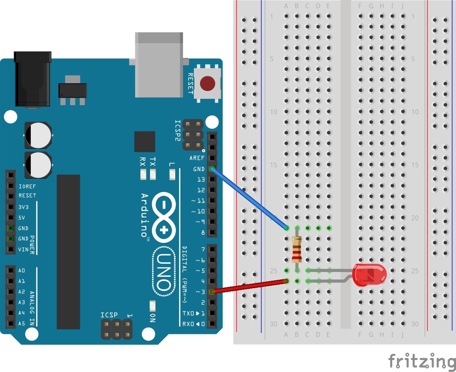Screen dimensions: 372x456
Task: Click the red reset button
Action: pyautogui.click(x=208, y=83)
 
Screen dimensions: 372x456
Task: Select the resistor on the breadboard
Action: pyautogui.click(x=297, y=250)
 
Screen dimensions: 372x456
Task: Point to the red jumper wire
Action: pyautogui.click(x=248, y=286)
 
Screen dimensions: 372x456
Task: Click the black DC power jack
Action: pyautogui.click(x=33, y=79)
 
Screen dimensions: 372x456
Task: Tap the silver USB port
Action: pyautogui.click(x=159, y=65)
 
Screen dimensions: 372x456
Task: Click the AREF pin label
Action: pyautogui.click(x=197, y=158)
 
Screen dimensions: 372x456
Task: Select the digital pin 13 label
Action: pyautogui.click(x=201, y=180)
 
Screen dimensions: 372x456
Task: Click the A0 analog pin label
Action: pyautogui.click(x=22, y=270)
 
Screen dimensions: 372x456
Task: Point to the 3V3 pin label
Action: pyautogui.click(x=23, y=207)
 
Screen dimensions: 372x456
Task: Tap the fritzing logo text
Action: pyautogui.click(x=421, y=361)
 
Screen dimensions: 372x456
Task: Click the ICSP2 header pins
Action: pyautogui.click(x=192, y=135)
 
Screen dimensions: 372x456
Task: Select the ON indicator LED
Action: pyautogui.click(x=153, y=305)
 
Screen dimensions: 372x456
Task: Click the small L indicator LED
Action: pyautogui.click(x=172, y=174)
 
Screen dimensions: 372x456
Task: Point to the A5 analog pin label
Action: pyautogui.click(x=22, y=324)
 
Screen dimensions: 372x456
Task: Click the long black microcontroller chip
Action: pyautogui.click(x=68, y=252)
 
